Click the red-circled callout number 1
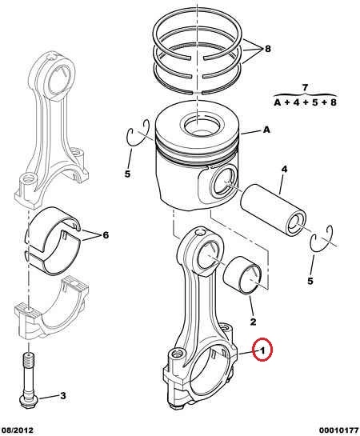coord(262,350)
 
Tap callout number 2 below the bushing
coord(253,322)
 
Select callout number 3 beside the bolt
coord(63,395)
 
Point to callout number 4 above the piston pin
coord(284,169)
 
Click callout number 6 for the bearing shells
coord(106,235)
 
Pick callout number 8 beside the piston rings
coord(267,49)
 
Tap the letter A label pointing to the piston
coord(266,130)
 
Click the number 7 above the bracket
coord(305,88)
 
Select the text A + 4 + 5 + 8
coord(306,102)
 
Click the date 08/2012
coord(18,430)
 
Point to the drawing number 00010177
coord(338,430)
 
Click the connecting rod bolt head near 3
coord(29,401)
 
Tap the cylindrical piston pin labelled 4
coord(273,212)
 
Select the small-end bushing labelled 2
coord(242,275)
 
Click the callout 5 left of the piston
coord(127,174)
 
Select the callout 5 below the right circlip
coord(310,281)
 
